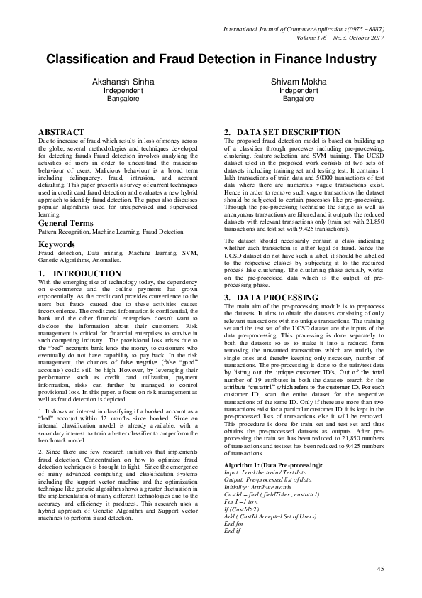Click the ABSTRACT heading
61,132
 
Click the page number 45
379,569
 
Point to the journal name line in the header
304,29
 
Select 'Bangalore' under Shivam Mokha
298,99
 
